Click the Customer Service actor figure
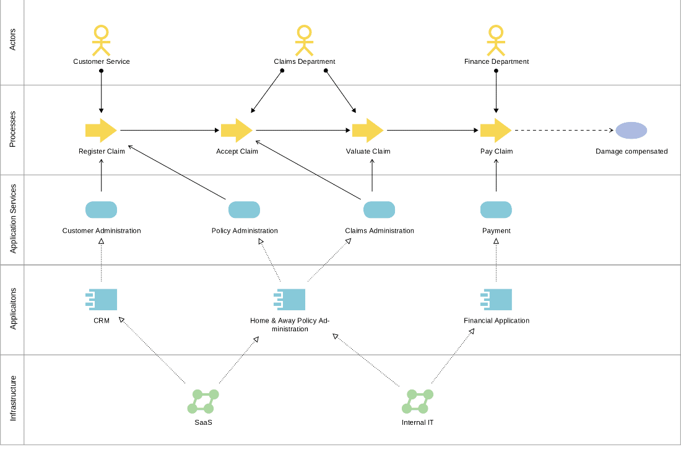point(101,40)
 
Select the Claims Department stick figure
point(304,40)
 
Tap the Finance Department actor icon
point(496,40)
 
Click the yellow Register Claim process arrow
point(101,130)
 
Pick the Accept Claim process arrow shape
point(236,130)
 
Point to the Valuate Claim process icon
point(368,130)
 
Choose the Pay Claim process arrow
point(496,130)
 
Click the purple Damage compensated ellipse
point(631,130)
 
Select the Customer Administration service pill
point(101,210)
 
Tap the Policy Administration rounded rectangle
point(244,210)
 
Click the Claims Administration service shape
point(379,210)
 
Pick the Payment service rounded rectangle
point(496,210)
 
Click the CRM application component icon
point(101,300)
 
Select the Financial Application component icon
point(496,300)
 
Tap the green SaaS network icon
point(203,401)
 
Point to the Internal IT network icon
point(417,401)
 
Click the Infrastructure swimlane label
point(13,398)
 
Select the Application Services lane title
point(13,219)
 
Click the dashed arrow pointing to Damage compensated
point(564,130)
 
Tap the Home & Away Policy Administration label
point(290,324)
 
